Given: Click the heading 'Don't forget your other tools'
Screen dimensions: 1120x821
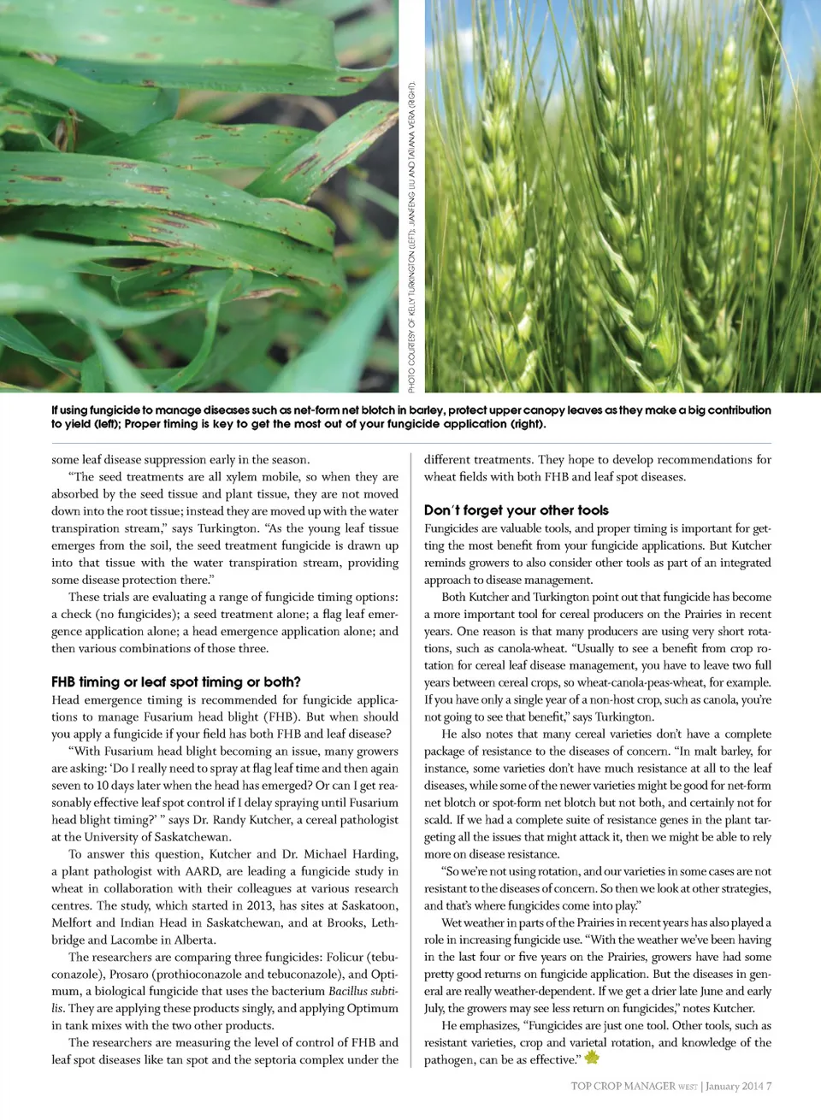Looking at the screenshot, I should click(x=517, y=510).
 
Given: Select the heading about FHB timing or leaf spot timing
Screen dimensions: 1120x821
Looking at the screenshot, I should click(x=175, y=682).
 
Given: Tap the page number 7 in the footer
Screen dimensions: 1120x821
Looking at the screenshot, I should click(x=769, y=1087).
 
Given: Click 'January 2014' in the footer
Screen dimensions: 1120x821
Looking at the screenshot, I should click(x=734, y=1087).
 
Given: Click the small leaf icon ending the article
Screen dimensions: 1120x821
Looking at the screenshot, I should click(x=592, y=1058).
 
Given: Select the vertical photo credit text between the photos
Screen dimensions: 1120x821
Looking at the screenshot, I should click(x=411, y=238).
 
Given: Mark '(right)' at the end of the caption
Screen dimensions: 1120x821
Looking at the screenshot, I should click(x=525, y=424).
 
